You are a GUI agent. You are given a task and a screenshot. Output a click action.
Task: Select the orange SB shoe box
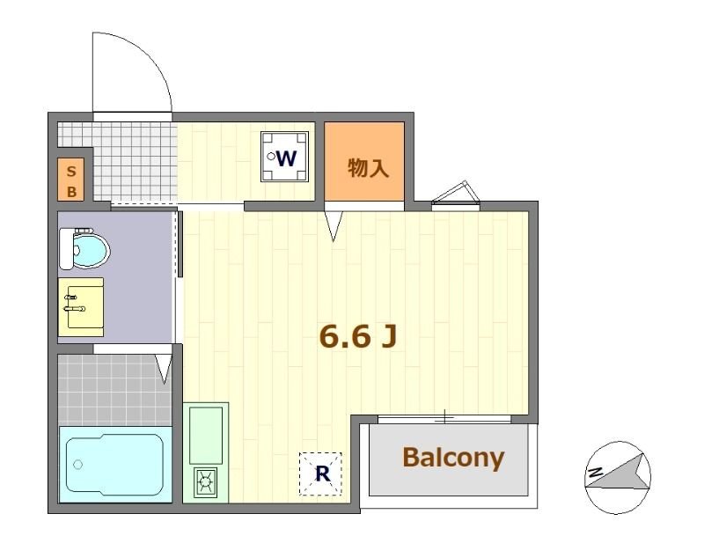(71, 180)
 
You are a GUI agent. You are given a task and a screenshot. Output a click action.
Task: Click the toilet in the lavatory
(83, 249)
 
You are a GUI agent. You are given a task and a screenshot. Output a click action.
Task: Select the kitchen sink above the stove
(207, 435)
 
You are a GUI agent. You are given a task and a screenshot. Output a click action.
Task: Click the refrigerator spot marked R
(322, 474)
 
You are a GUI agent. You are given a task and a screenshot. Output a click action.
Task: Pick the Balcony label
(453, 458)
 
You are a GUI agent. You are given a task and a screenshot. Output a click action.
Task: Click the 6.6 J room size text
(356, 335)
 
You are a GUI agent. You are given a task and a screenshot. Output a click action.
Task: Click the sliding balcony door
(444, 416)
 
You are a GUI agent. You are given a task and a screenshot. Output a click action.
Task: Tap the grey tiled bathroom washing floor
(114, 387)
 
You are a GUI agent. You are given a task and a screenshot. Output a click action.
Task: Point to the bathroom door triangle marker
(164, 368)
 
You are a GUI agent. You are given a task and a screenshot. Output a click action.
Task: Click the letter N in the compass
(596, 474)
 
